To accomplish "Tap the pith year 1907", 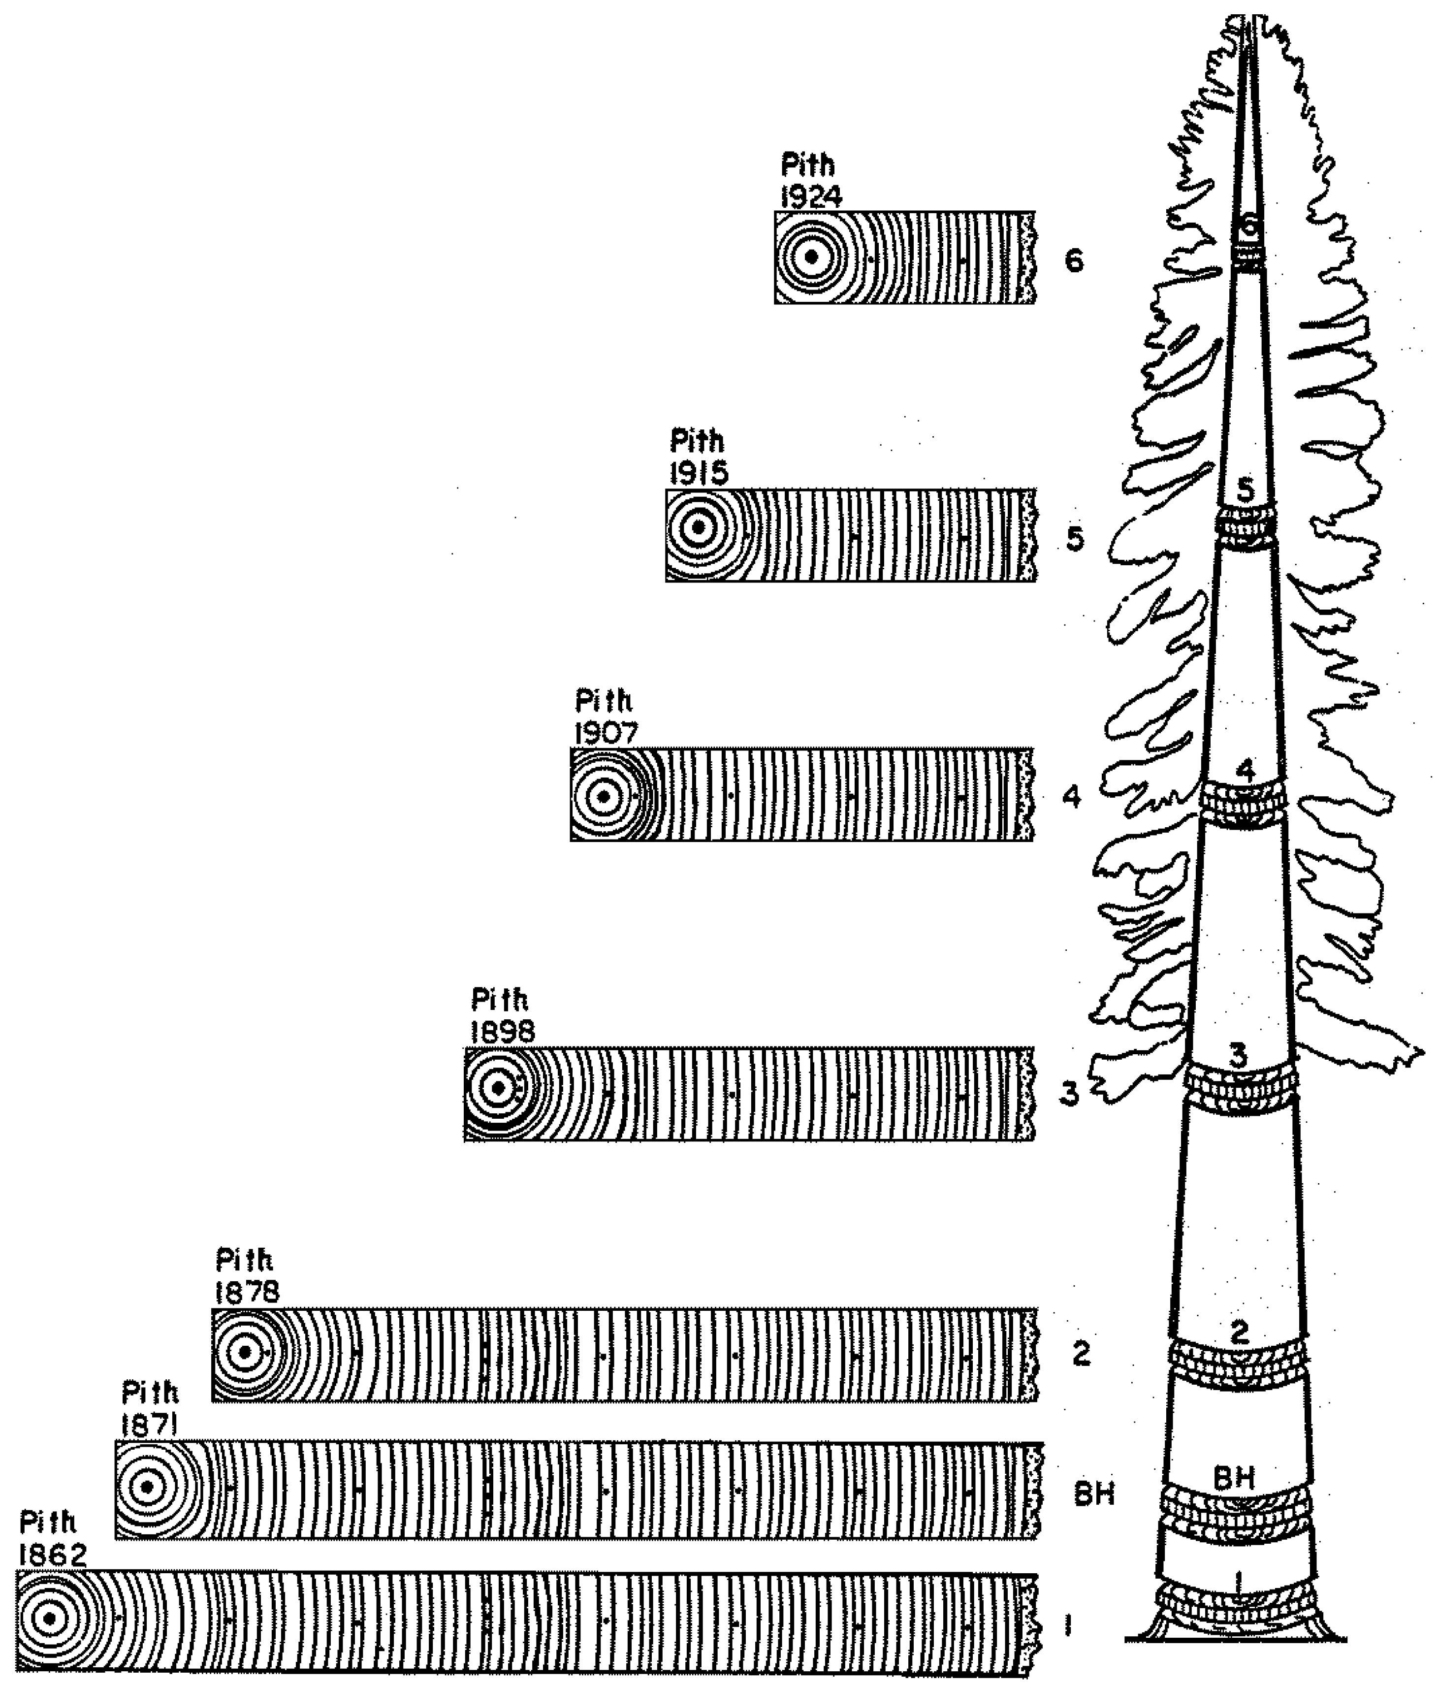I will pyautogui.click(x=606, y=733).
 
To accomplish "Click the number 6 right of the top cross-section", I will pyautogui.click(x=1074, y=261).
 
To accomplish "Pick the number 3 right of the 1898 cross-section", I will pyautogui.click(x=1068, y=1094).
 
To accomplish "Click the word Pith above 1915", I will pyautogui.click(x=697, y=441).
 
